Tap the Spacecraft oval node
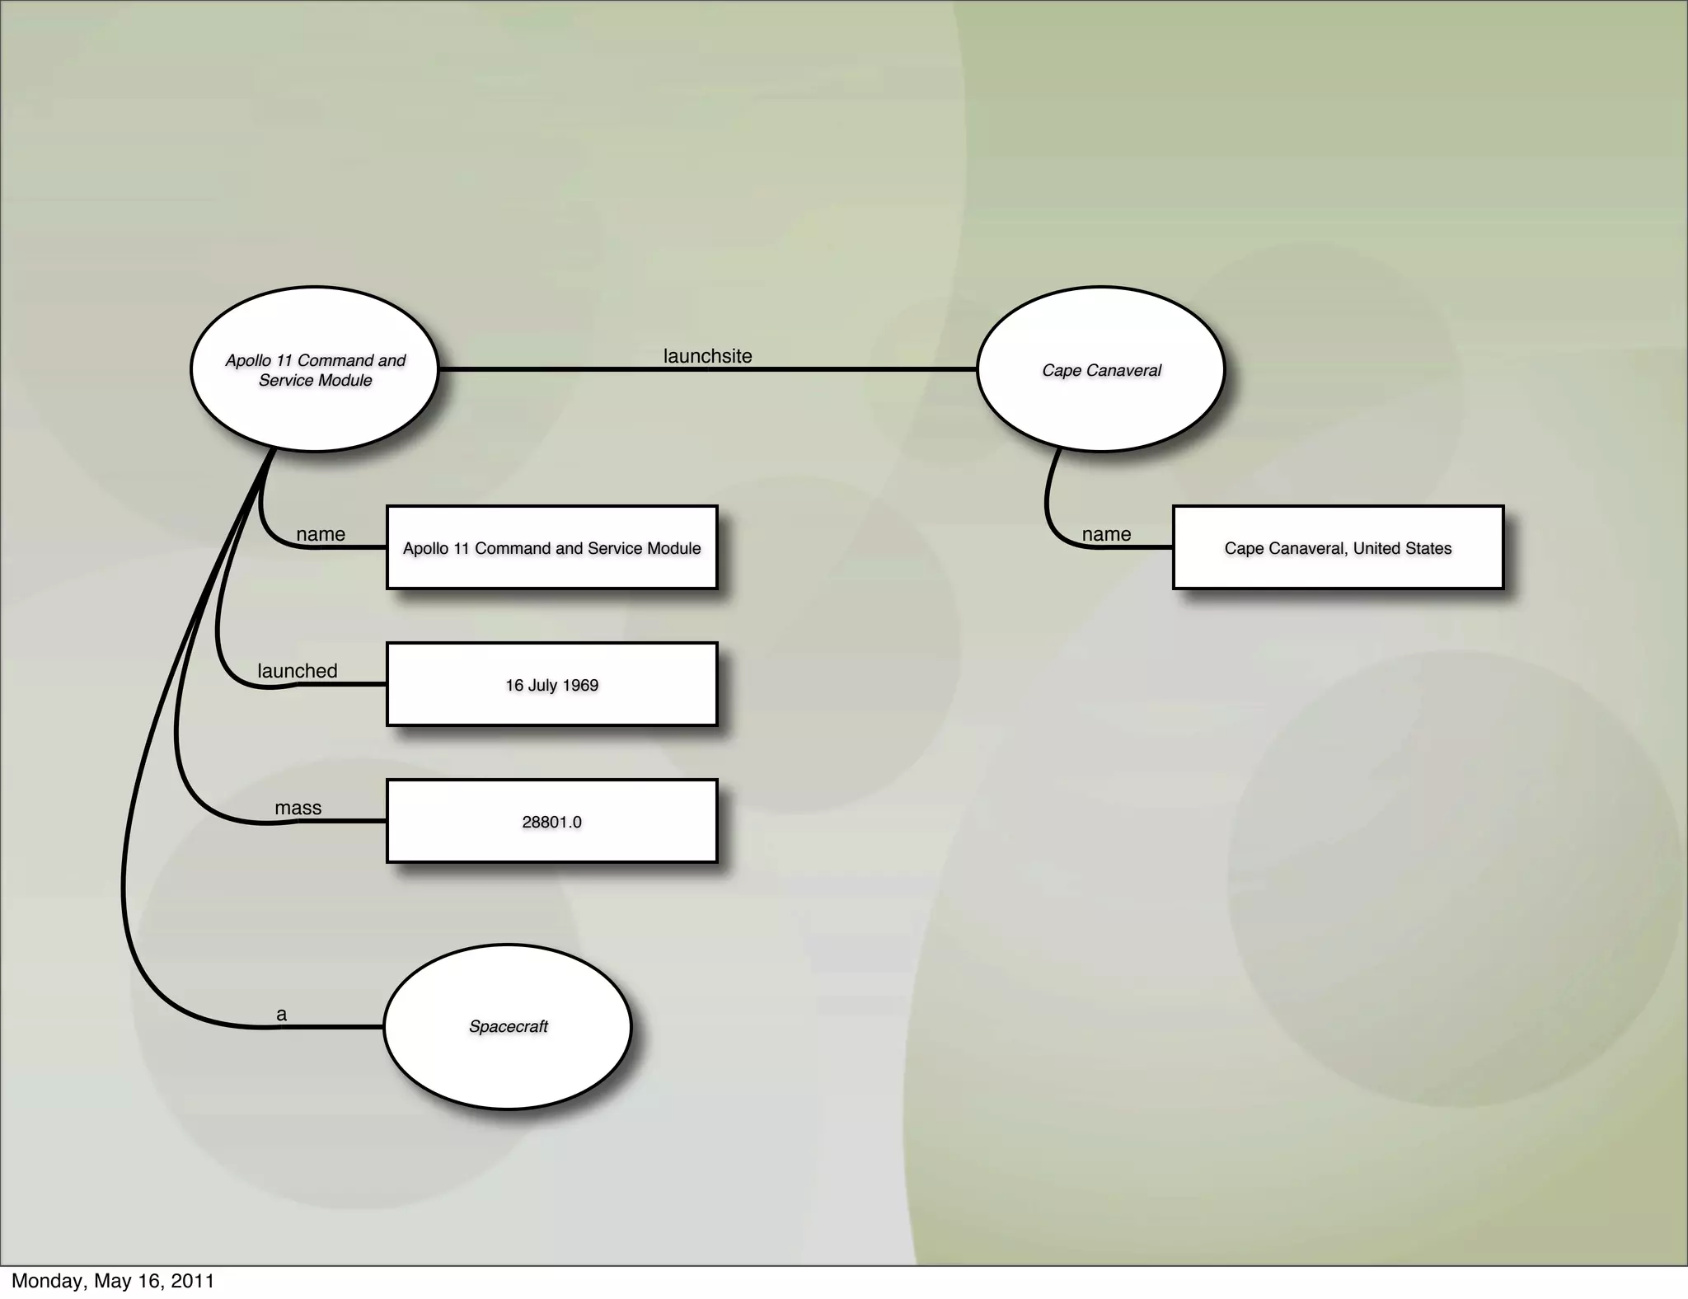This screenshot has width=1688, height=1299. pos(508,1027)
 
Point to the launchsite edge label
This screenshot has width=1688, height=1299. pos(707,356)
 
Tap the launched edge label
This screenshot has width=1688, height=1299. pos(298,671)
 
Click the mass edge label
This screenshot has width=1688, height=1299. pos(298,808)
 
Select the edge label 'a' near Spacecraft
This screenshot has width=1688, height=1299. pos(282,1015)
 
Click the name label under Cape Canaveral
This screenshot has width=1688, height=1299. pos(1106,534)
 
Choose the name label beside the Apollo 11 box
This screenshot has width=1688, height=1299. pos(321,534)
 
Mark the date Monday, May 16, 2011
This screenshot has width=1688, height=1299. pos(113,1281)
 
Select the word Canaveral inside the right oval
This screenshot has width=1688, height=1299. pos(1124,371)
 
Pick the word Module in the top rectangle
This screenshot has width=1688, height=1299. pos(673,549)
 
